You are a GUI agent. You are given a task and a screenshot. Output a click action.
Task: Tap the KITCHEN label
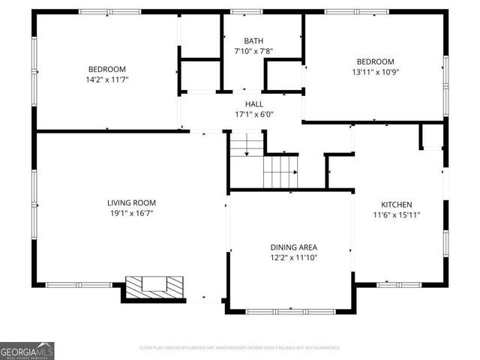pyautogui.click(x=396, y=204)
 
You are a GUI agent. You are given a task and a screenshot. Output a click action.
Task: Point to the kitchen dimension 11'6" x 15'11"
pyautogui.click(x=396, y=215)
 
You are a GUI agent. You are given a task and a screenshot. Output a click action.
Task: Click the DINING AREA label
pyautogui.click(x=293, y=247)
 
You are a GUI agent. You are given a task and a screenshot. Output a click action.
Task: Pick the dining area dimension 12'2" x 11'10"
pyautogui.click(x=293, y=258)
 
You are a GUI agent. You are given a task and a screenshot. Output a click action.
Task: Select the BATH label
pyautogui.click(x=253, y=40)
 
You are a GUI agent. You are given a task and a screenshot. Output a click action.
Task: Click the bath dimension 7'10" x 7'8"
pyautogui.click(x=253, y=51)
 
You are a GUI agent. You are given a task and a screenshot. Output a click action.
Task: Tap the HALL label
pyautogui.click(x=253, y=103)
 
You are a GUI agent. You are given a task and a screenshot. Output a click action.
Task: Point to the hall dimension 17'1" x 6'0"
pyautogui.click(x=253, y=115)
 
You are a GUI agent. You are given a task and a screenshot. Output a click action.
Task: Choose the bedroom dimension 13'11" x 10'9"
pyautogui.click(x=374, y=72)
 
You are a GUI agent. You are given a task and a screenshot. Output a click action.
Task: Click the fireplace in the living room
pyautogui.click(x=154, y=286)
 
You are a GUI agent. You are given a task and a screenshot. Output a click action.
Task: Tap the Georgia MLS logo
pyautogui.click(x=27, y=350)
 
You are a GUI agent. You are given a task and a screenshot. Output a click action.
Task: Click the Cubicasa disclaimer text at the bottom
pyautogui.click(x=240, y=348)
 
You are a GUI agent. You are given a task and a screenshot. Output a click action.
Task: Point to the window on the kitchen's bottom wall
pyautogui.click(x=393, y=285)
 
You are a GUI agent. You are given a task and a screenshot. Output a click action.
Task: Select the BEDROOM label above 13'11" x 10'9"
pyautogui.click(x=374, y=61)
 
